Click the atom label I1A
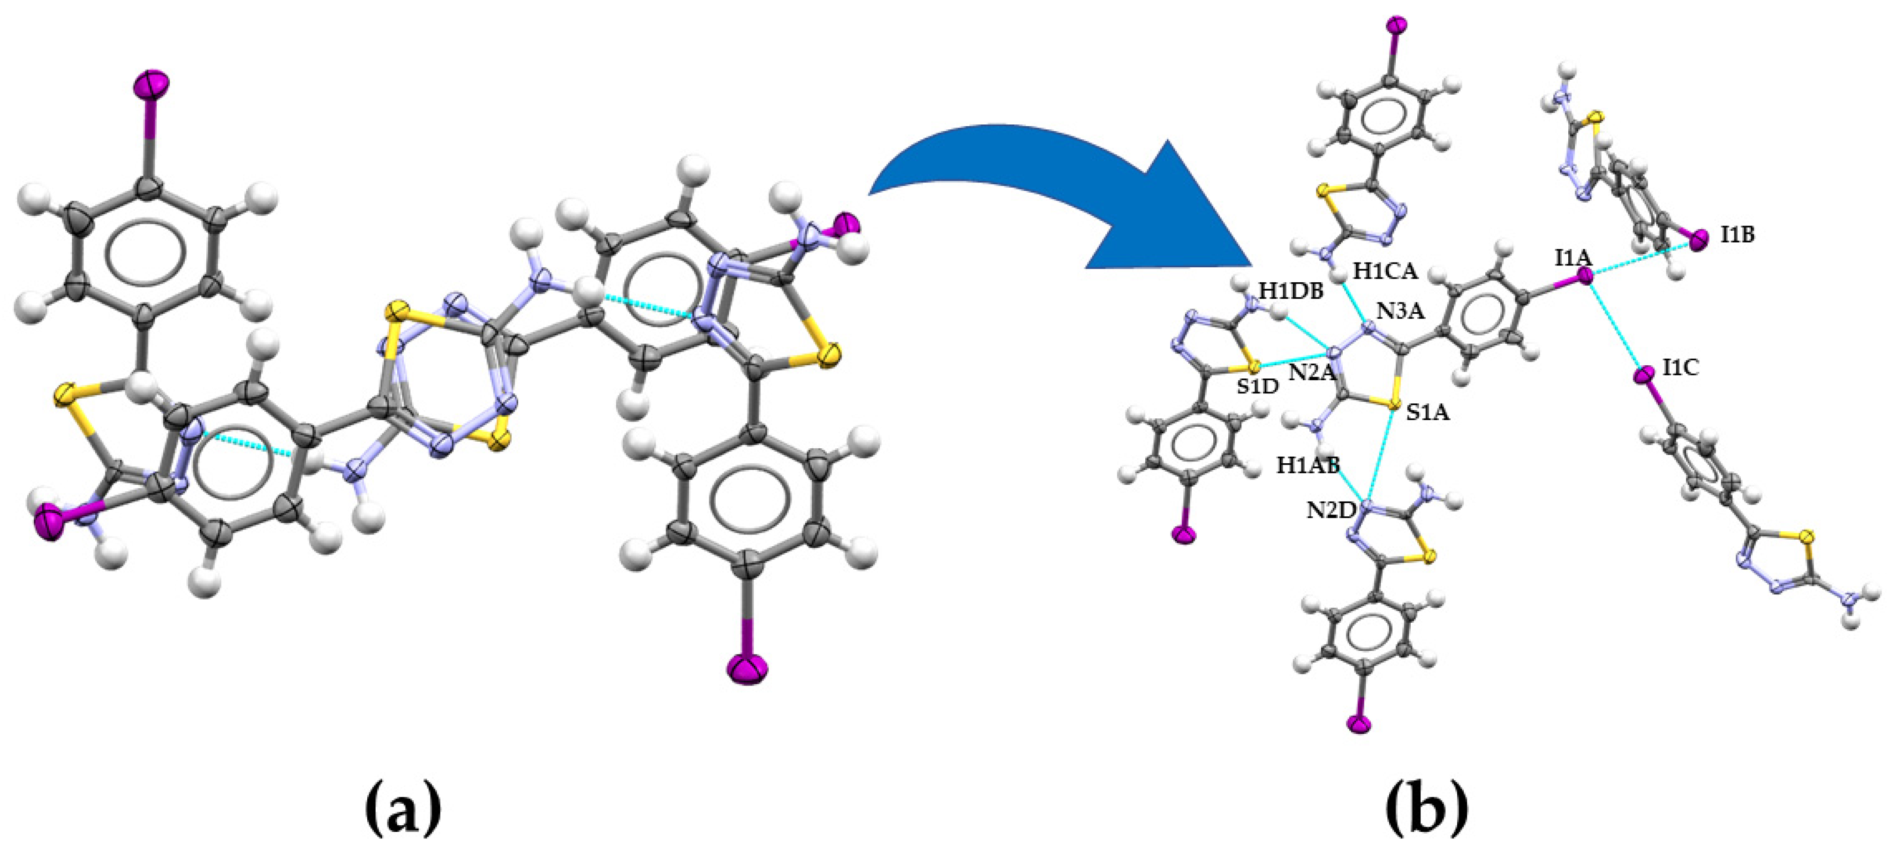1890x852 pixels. pos(1573,258)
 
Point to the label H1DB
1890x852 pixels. pos(1291,291)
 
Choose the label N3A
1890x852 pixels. pos(1400,312)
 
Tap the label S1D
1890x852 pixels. pos(1257,387)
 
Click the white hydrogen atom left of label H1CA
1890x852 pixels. pos(1340,274)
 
